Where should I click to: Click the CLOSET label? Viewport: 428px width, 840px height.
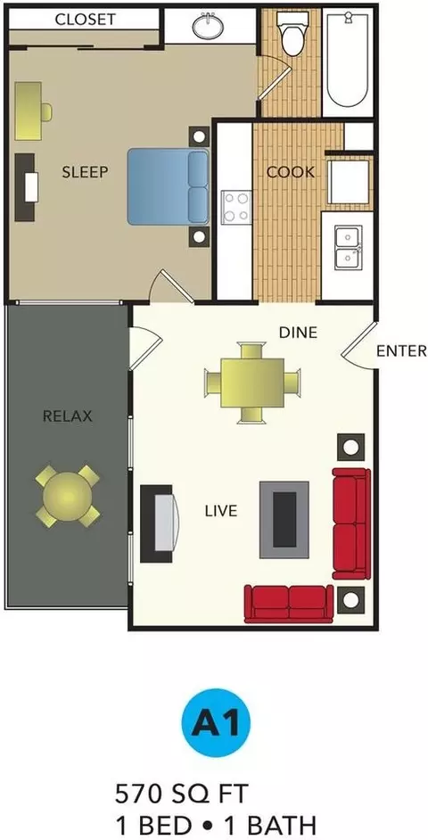pos(86,20)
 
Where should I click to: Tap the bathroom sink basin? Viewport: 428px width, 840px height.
pos(209,26)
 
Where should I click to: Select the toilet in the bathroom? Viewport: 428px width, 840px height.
pos(292,34)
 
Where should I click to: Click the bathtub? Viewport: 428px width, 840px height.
pos(348,60)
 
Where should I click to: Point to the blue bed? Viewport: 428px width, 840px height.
pos(169,187)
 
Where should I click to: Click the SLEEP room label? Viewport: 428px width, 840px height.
pos(86,172)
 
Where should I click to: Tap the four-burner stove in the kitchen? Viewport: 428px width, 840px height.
pos(237,207)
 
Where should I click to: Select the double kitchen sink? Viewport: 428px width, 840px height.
pos(349,247)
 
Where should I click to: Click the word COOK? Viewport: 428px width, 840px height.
pos(291,172)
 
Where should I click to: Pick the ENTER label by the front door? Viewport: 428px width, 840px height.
pos(402,351)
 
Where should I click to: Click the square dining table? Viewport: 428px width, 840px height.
pos(252,383)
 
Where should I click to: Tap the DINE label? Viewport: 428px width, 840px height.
pos(298,333)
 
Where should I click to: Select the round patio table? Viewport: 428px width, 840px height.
pos(68,496)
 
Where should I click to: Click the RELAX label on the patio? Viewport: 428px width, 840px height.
pos(68,416)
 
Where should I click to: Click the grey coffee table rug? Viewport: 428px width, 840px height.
pos(284,520)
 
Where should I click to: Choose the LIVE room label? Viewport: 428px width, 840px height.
pos(221,511)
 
